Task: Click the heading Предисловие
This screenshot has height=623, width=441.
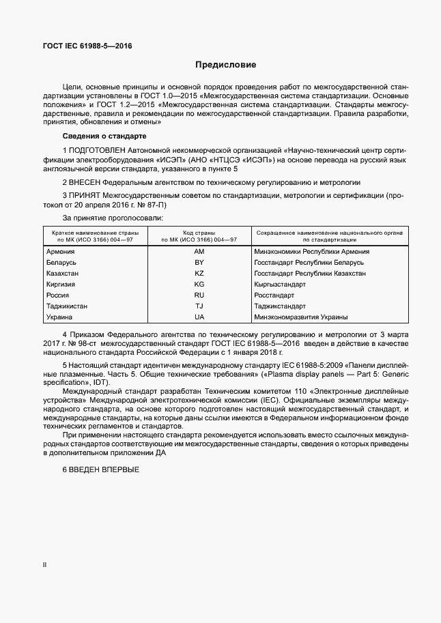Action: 225,66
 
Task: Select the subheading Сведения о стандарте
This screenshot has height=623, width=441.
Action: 99,136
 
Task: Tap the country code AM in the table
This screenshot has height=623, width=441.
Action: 199,252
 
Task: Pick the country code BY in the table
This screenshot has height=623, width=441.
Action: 199,263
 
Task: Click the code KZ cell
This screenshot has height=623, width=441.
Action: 199,274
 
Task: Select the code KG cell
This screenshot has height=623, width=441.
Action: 199,285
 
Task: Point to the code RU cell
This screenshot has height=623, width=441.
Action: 199,295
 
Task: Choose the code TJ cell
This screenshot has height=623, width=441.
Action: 199,306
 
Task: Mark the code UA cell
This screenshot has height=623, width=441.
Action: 199,317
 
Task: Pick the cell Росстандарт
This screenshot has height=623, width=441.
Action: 274,295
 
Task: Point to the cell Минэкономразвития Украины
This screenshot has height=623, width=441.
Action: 301,317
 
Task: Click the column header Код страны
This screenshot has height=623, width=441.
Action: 199,233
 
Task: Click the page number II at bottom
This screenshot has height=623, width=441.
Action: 45,566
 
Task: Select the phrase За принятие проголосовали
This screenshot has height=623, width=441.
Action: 113,218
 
